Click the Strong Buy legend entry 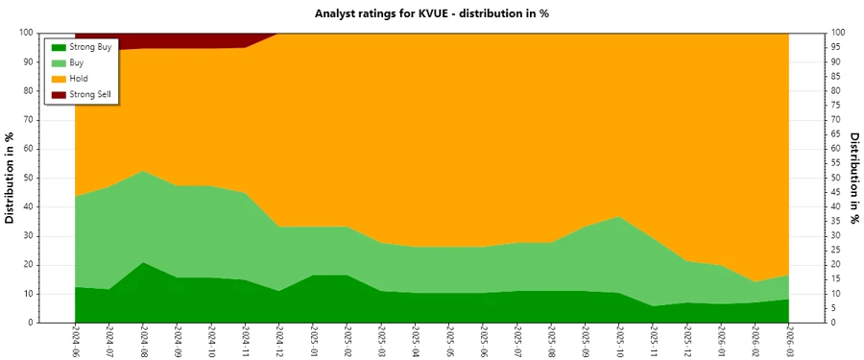(90, 47)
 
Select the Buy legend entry (78, 62)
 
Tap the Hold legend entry (79, 78)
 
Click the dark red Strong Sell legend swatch (59, 94)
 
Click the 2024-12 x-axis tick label (279, 342)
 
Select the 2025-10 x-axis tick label (619, 342)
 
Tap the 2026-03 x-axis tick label (789, 342)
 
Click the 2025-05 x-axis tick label (449, 342)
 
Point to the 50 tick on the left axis (30, 178)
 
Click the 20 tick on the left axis (30, 265)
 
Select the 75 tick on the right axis (837, 105)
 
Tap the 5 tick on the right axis (834, 308)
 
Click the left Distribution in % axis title (11, 178)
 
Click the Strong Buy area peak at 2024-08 (143, 278)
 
